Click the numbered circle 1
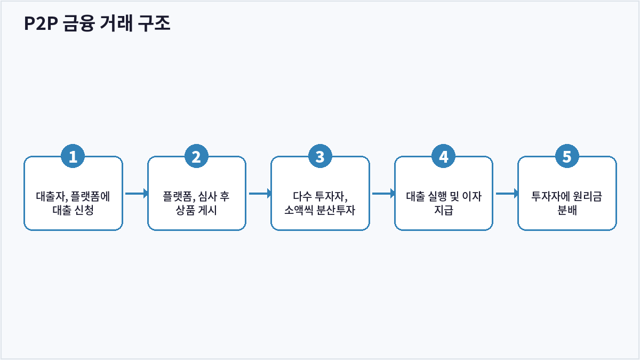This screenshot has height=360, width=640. [x=73, y=156]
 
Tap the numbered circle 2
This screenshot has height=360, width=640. [x=196, y=156]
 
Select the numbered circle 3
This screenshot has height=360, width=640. [x=320, y=156]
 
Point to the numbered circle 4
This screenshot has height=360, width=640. [x=443, y=156]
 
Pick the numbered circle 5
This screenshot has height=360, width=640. [x=567, y=156]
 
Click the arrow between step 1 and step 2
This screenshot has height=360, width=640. [x=137, y=194]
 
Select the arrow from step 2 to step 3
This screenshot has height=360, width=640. [x=260, y=194]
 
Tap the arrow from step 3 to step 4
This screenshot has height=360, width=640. [x=383, y=194]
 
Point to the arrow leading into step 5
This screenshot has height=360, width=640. [x=507, y=194]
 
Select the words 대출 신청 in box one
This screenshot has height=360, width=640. [x=73, y=210]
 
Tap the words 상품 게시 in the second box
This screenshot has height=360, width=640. [x=196, y=210]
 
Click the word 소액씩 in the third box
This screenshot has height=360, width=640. [x=299, y=210]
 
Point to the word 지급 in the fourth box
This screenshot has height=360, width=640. [x=443, y=210]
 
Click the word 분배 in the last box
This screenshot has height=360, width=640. [x=567, y=210]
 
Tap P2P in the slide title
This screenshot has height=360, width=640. [x=41, y=23]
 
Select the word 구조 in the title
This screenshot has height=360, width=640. [x=154, y=23]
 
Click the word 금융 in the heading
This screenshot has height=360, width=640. [x=79, y=23]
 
